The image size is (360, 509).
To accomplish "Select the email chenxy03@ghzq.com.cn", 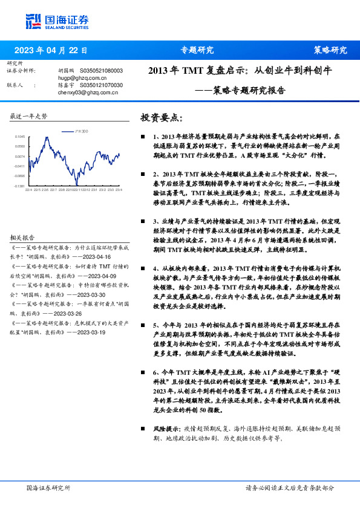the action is (82, 92).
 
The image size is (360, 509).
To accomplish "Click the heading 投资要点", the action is (160, 117).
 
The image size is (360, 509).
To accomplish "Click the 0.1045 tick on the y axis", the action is (20, 137).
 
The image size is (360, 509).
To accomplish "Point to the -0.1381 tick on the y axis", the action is (19, 186).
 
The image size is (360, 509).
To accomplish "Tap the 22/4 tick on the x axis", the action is (28, 190).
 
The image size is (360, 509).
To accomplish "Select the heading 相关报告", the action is (22, 238).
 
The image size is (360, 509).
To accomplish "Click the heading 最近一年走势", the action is (28, 115).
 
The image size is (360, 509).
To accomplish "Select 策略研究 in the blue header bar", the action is (330, 50).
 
